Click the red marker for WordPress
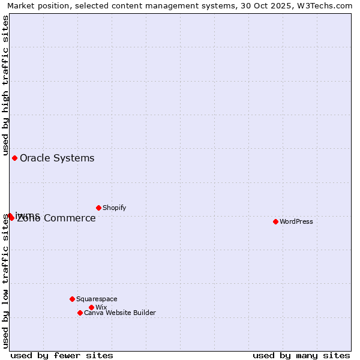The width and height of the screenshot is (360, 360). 275,221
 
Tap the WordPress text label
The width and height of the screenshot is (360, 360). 296,221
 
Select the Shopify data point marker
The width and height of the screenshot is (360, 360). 98,208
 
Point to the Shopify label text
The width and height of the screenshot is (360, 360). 115,208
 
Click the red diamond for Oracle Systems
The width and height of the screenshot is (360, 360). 14,158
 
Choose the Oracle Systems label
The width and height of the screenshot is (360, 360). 57,158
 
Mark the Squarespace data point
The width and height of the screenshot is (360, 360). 72,299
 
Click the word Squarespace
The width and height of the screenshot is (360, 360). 97,299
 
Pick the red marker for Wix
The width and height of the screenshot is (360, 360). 91,307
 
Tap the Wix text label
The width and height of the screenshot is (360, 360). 101,307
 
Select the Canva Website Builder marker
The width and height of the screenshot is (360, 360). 80,313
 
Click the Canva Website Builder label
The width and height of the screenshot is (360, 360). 120,313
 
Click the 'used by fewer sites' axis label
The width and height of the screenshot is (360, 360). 62,355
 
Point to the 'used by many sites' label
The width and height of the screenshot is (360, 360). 301,355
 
